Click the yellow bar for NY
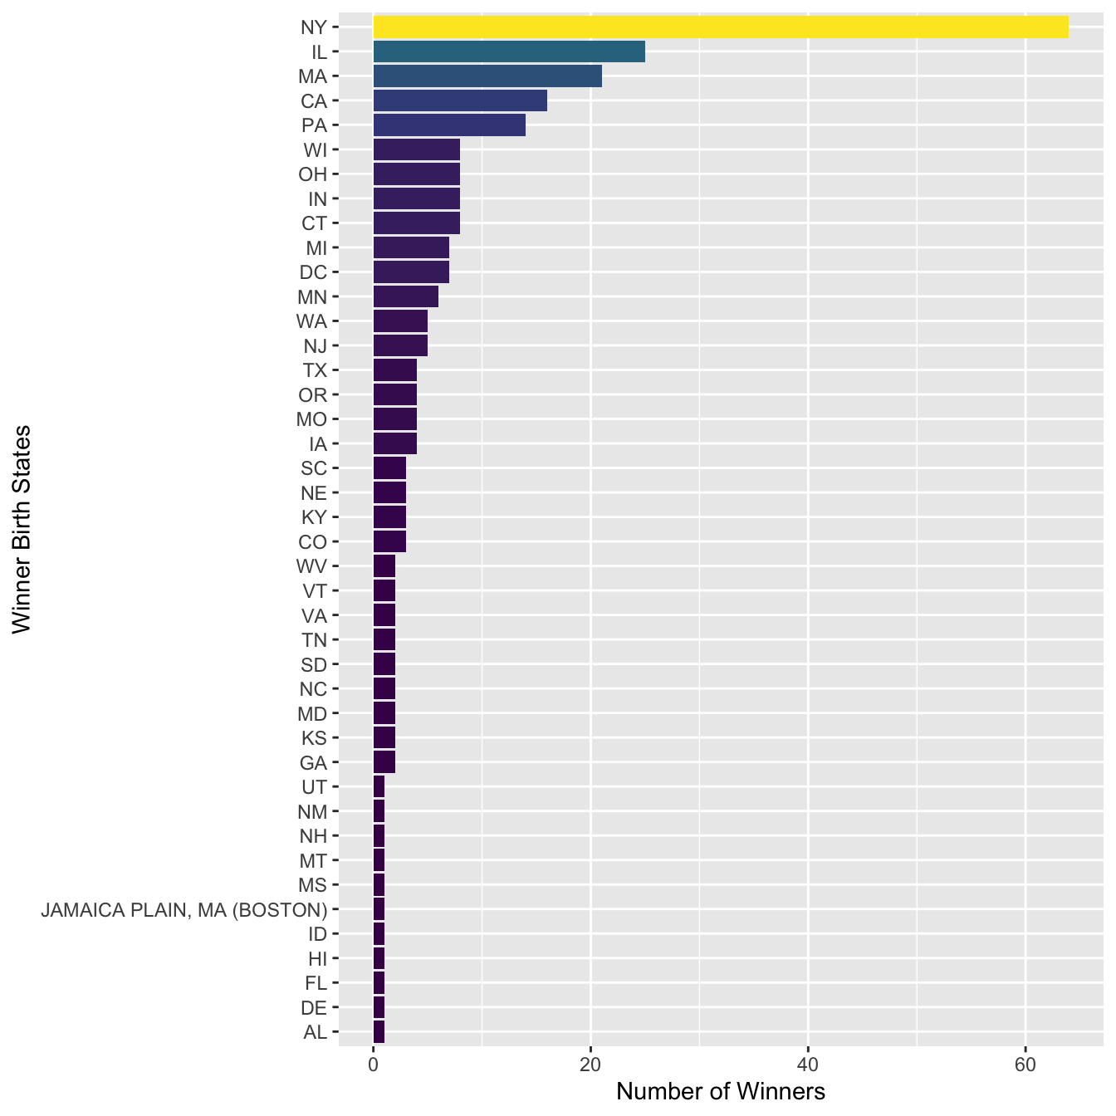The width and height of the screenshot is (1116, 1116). click(x=721, y=27)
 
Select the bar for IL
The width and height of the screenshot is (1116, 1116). click(x=509, y=51)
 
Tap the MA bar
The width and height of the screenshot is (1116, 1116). click(x=487, y=76)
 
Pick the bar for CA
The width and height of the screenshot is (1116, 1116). click(x=460, y=100)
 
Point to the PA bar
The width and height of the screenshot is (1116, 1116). click(x=449, y=125)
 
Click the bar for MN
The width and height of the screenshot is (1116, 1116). click(x=406, y=296)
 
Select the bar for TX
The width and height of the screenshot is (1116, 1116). click(x=395, y=370)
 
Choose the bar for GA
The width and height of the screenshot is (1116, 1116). click(x=384, y=762)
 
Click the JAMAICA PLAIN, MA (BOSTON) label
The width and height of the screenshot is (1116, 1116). click(x=184, y=909)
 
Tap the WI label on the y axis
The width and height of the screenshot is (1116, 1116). click(x=316, y=150)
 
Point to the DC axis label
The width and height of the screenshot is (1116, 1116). click(x=313, y=272)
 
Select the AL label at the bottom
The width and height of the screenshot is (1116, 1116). click(x=316, y=1032)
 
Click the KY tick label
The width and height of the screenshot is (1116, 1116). click(x=314, y=517)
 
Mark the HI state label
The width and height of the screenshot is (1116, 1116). click(x=317, y=958)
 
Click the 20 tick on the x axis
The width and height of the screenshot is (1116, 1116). click(x=590, y=1065)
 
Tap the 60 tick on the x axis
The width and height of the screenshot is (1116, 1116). click(x=1025, y=1065)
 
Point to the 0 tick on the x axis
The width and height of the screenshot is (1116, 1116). click(x=374, y=1065)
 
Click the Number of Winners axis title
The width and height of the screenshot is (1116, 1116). click(x=721, y=1091)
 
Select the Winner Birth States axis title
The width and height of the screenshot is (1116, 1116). click(x=22, y=529)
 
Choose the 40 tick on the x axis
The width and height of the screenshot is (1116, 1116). click(x=807, y=1065)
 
